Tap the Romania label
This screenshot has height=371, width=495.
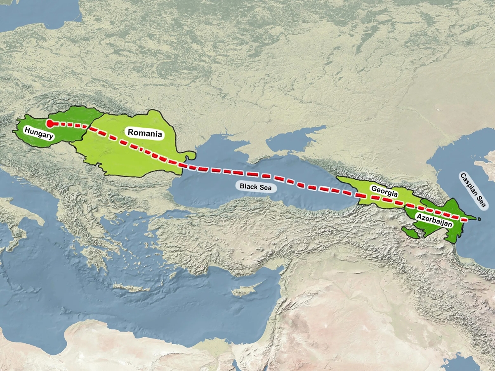(x=144, y=133)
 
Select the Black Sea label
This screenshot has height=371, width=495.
(x=256, y=187)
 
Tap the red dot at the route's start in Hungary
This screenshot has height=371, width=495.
(x=50, y=123)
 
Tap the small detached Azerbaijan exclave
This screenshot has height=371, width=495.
(x=410, y=233)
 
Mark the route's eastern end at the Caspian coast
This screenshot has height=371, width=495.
(x=468, y=219)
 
